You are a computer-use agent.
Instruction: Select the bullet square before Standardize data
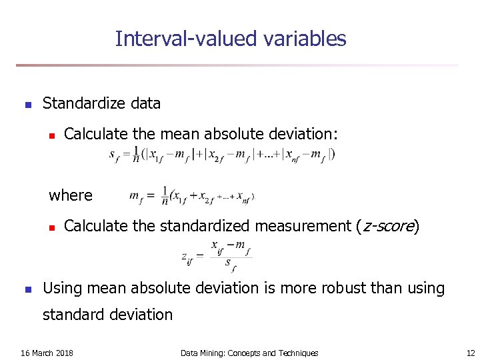[27, 105]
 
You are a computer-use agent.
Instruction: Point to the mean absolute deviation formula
[222, 155]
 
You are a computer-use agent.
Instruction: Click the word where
[71, 195]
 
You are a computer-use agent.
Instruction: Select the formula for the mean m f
[192, 197]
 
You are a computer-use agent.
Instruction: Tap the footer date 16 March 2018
[47, 353]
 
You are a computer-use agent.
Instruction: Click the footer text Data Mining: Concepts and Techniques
[249, 353]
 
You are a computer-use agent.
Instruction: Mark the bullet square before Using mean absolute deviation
[27, 289]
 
